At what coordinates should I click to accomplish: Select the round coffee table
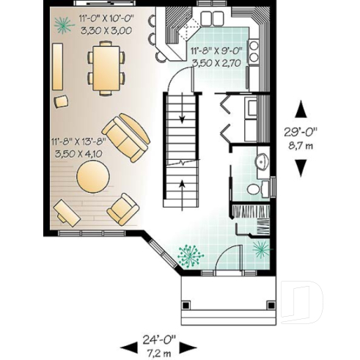point(93,177)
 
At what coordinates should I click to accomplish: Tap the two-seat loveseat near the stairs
point(126,137)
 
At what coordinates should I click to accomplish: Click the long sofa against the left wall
point(57,67)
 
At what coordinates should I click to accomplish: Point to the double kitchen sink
point(213,17)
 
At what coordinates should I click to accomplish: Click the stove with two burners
point(254,51)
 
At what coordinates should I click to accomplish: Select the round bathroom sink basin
point(262,161)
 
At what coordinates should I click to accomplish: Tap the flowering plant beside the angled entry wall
point(190,257)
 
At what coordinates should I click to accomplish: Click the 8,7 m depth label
point(301,145)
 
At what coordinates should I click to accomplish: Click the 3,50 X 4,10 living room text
point(78,153)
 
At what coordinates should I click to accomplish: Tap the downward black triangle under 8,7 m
point(301,168)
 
